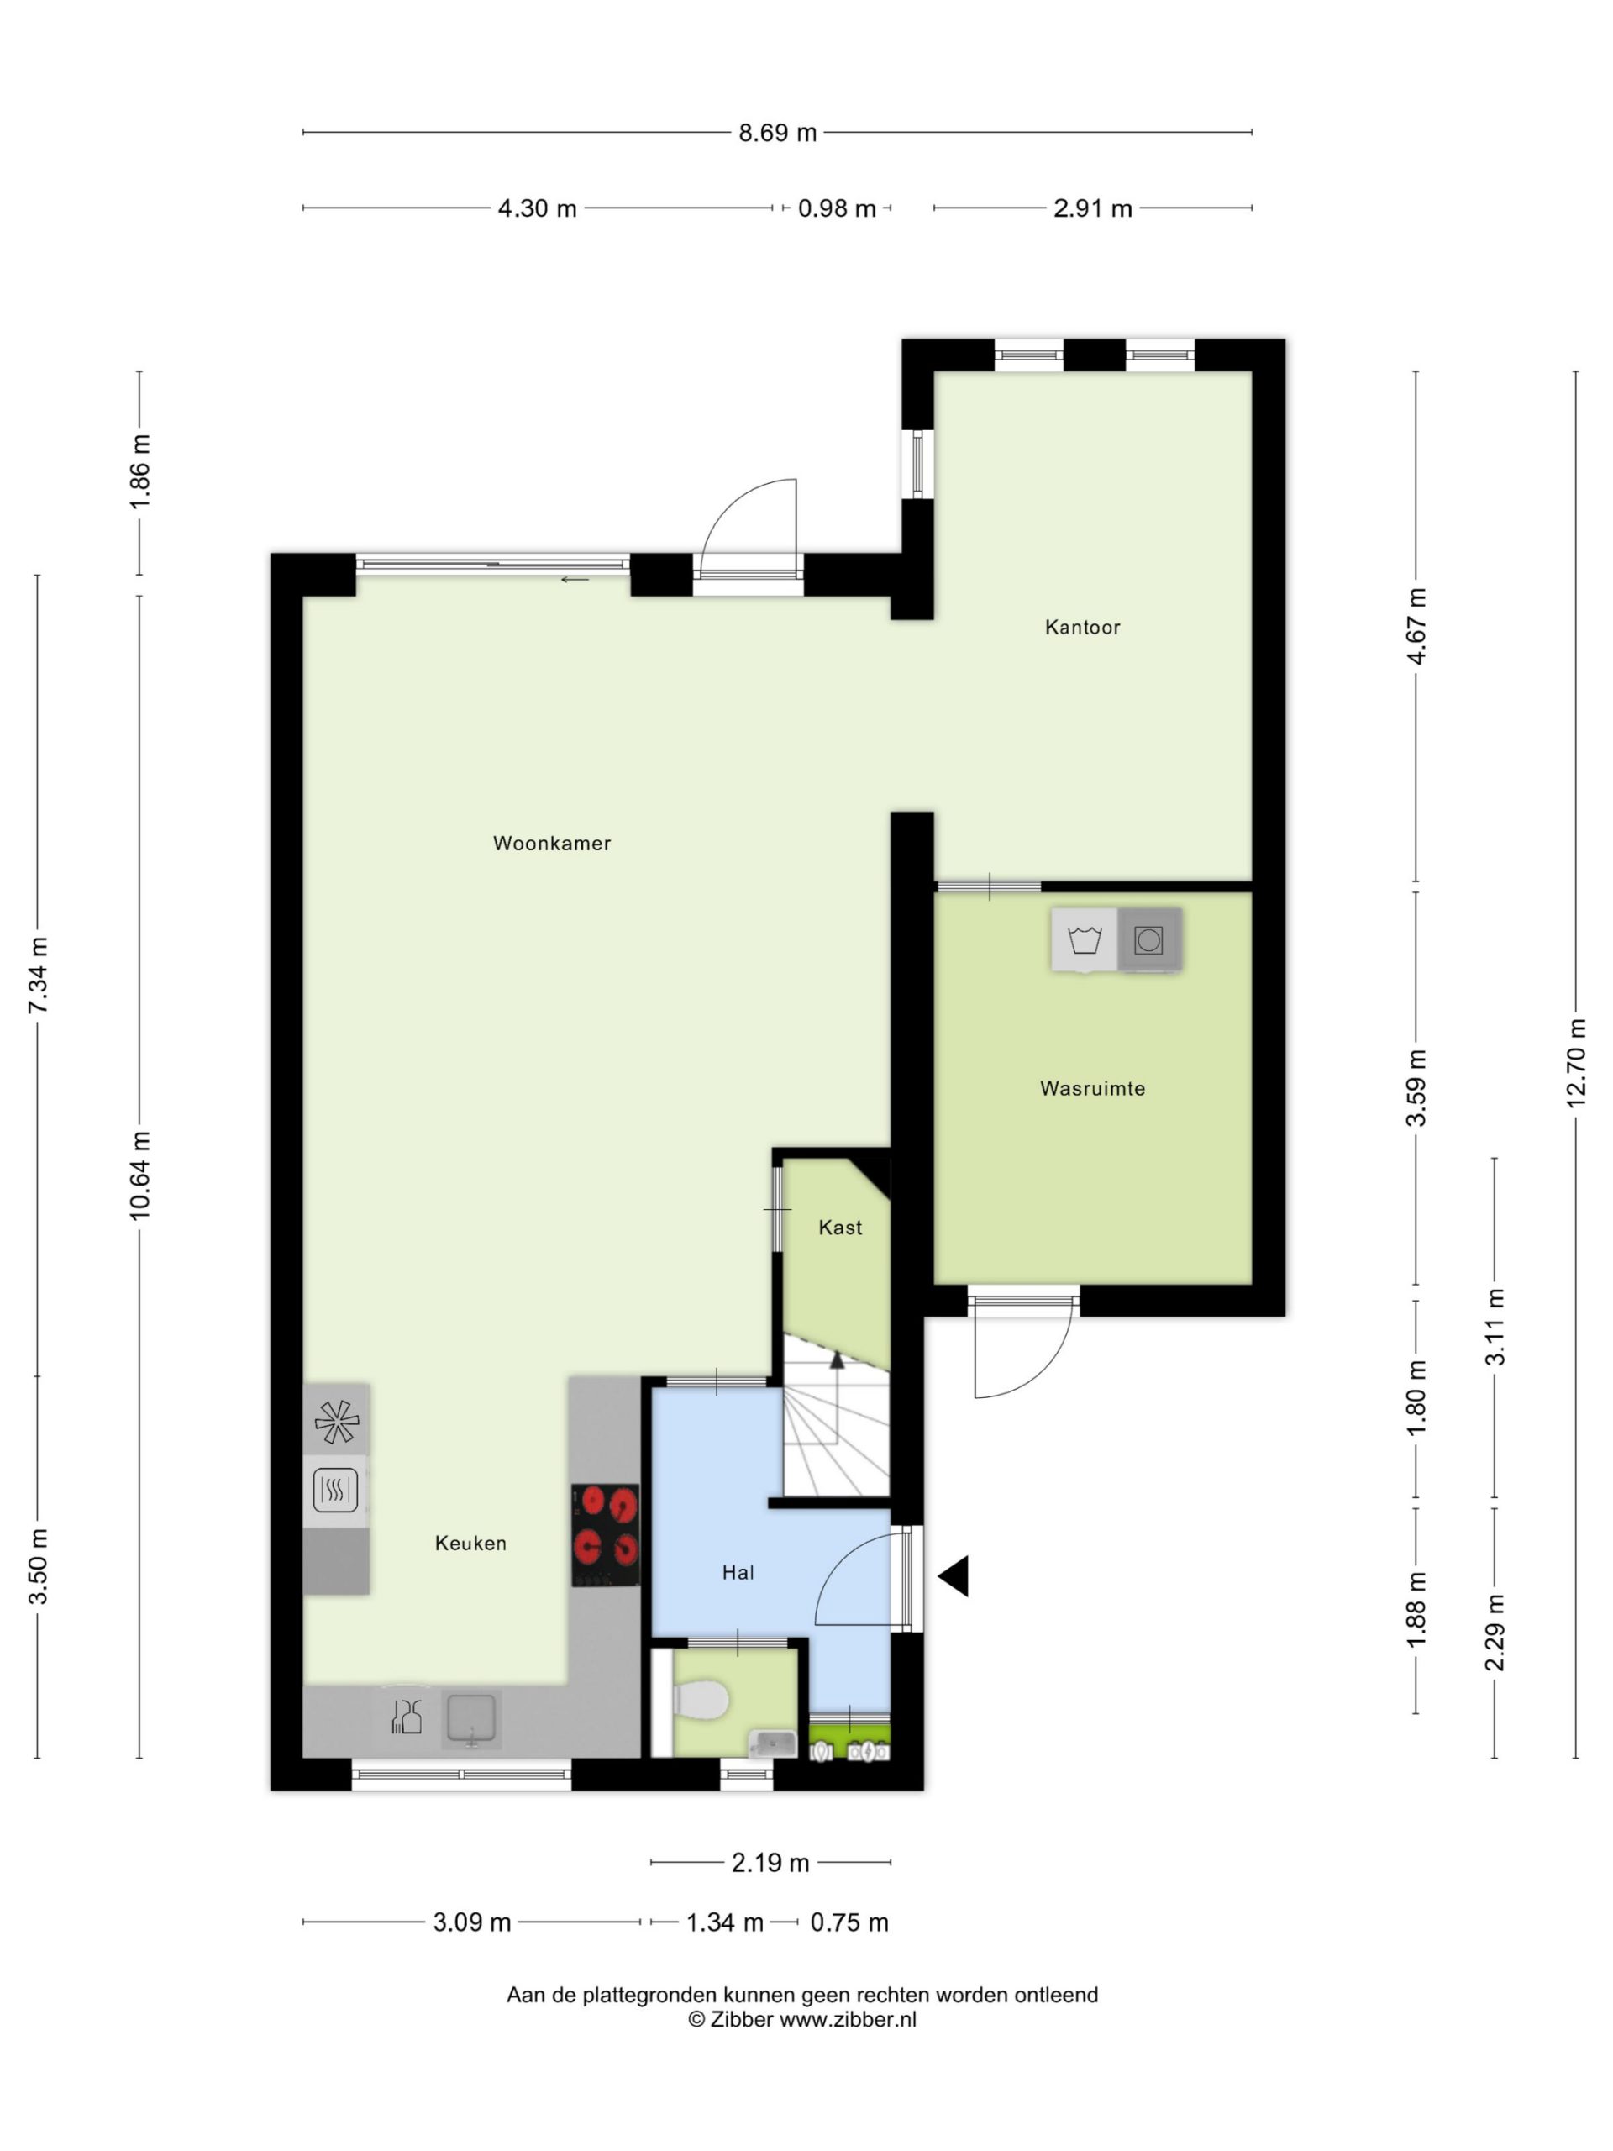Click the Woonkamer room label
(551, 843)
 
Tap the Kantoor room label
(1082, 627)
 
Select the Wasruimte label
(1092, 1088)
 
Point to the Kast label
(840, 1228)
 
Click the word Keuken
(470, 1544)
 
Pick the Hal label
(738, 1572)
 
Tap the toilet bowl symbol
(701, 1700)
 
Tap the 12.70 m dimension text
(1576, 1062)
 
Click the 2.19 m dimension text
(770, 1862)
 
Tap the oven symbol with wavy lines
(335, 1489)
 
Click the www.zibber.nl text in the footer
(848, 2019)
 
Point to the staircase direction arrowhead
(837, 1359)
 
